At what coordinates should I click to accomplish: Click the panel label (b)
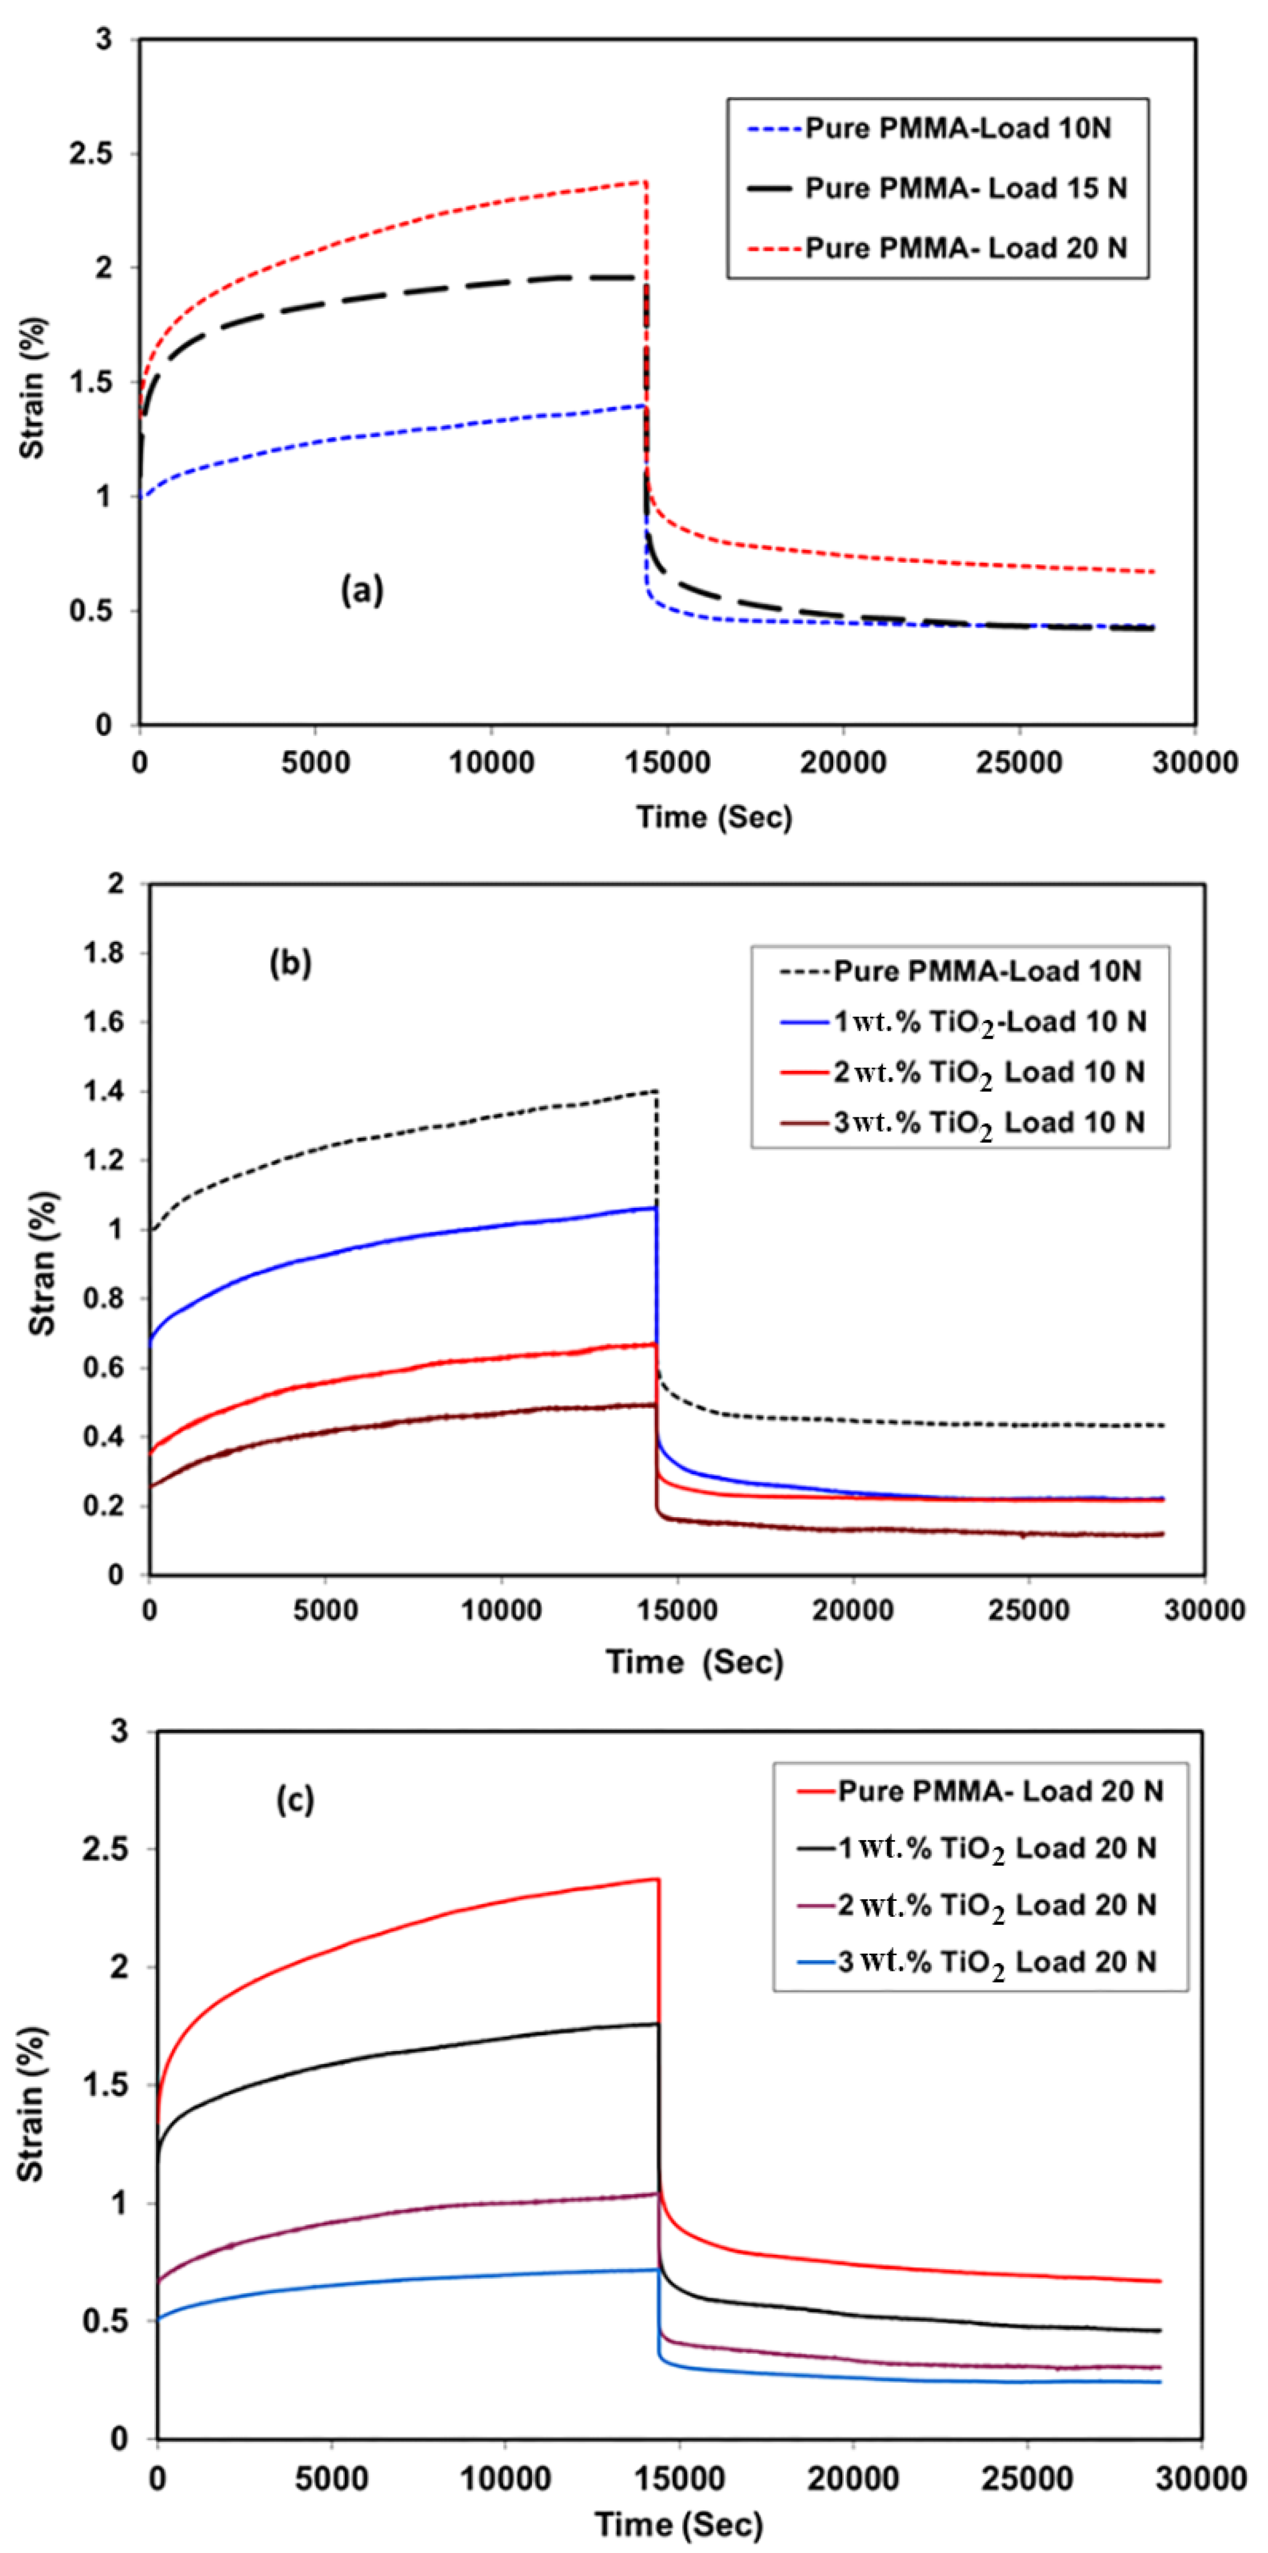coord(290,962)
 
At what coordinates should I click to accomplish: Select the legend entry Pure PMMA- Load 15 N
coord(964,188)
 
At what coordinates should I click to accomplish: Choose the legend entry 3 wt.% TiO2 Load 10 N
coord(989,1123)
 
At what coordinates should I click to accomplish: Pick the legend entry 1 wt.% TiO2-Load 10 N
coord(989,1022)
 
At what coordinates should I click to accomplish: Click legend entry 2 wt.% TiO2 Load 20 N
coord(997,1905)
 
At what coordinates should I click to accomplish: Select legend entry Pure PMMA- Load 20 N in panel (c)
coord(999,1791)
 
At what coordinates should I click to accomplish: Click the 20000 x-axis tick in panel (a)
coord(843,762)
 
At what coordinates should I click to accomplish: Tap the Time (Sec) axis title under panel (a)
coord(714,817)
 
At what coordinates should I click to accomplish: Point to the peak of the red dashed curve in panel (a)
coord(644,181)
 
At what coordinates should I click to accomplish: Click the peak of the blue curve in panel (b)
coord(654,1207)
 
